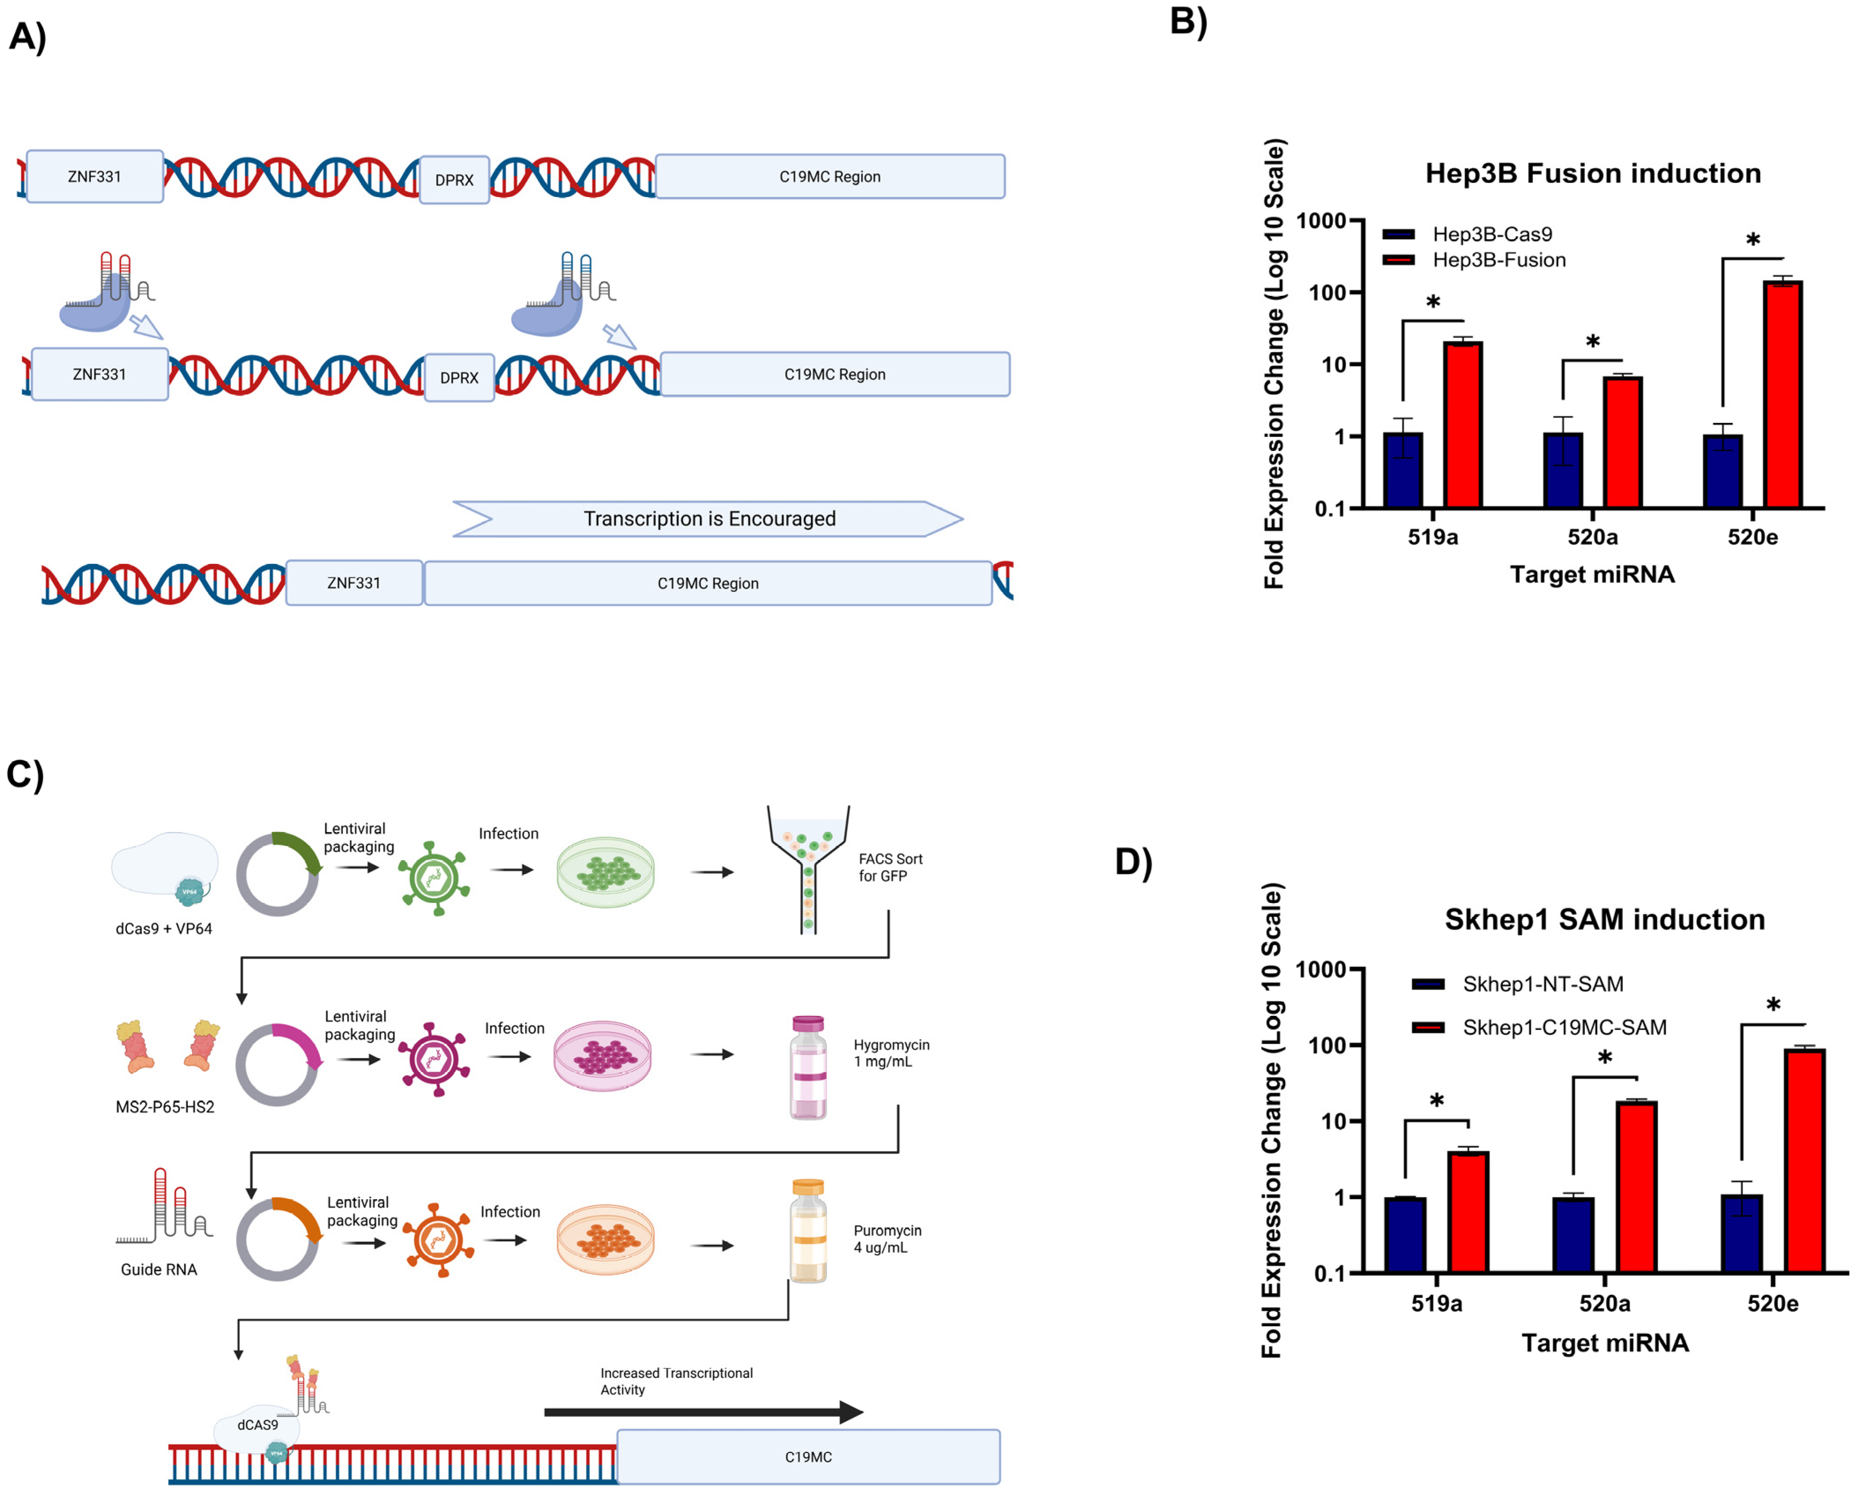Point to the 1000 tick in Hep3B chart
[x=1321, y=221]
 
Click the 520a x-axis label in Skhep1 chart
[x=1604, y=1303]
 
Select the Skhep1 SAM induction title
[x=1604, y=919]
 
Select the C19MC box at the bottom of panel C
[x=807, y=1457]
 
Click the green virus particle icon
[x=433, y=878]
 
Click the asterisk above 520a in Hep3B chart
[x=1592, y=342]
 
